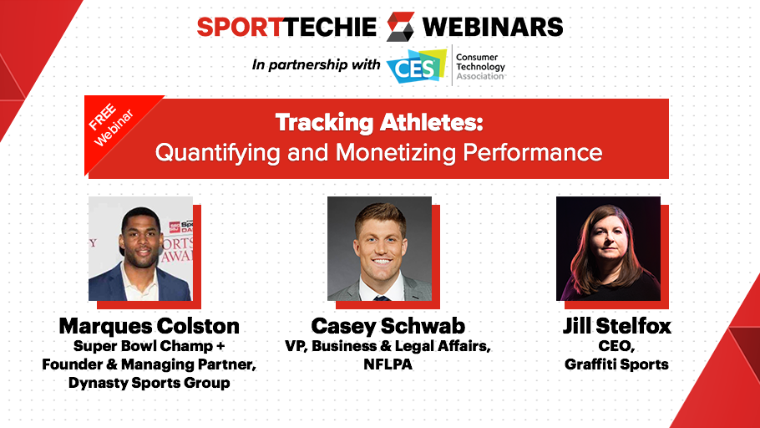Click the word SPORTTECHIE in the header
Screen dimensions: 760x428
[x=286, y=27]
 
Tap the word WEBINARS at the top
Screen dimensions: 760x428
[x=493, y=27]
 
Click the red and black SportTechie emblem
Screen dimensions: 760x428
[x=400, y=26]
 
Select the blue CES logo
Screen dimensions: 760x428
[x=417, y=66]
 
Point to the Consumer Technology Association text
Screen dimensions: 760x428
[x=480, y=67]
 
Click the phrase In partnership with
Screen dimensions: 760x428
[x=316, y=64]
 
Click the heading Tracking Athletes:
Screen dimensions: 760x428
[x=379, y=122]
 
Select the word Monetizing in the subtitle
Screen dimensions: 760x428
[x=396, y=152]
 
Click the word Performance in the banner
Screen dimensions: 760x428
[x=532, y=152]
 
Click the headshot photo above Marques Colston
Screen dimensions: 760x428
[x=140, y=248]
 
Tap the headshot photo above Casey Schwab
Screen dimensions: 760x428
[x=379, y=248]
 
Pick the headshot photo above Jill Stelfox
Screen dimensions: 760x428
[x=608, y=248]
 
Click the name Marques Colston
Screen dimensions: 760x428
[x=149, y=326]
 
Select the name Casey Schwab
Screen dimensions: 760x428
[x=388, y=326]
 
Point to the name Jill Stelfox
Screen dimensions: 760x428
[x=617, y=326]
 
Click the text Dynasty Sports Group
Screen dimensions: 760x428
[x=149, y=383]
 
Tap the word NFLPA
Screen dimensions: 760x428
[x=388, y=364]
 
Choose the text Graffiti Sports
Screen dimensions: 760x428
[x=616, y=364]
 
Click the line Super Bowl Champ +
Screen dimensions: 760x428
[x=149, y=346]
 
